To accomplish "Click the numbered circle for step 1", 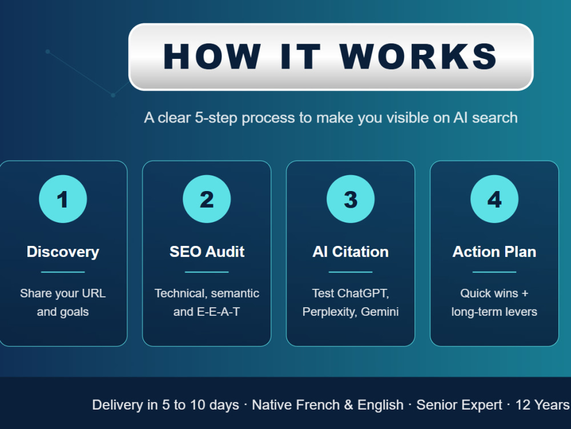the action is tap(63, 199).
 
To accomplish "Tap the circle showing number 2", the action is tap(207, 199).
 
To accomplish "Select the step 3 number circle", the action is tap(351, 199).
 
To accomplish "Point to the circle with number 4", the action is tap(494, 199).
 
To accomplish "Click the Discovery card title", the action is tap(63, 252).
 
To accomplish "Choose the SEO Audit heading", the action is tap(207, 252).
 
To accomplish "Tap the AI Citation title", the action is tap(351, 252).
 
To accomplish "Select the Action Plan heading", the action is tap(494, 252).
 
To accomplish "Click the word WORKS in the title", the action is tap(419, 56).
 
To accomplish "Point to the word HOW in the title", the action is tap(212, 56).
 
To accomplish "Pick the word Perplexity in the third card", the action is tap(329, 312).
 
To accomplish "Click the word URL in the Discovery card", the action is tap(94, 293).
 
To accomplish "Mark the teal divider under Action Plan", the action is tap(494, 272).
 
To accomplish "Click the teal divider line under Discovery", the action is tap(63, 272).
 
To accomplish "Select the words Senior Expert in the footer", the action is tap(459, 405).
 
